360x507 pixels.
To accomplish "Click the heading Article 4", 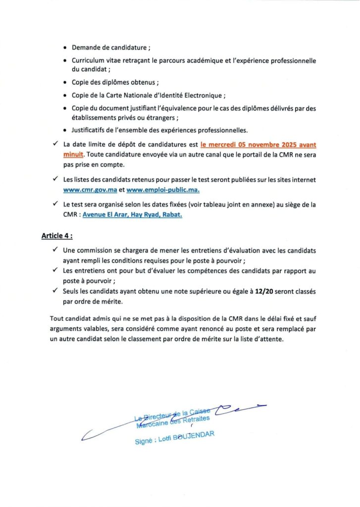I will coord(56,236).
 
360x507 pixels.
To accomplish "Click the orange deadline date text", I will coord(258,146).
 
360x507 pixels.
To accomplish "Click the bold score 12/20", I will coord(265,292).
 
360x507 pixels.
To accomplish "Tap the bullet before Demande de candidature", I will coord(66,48).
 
